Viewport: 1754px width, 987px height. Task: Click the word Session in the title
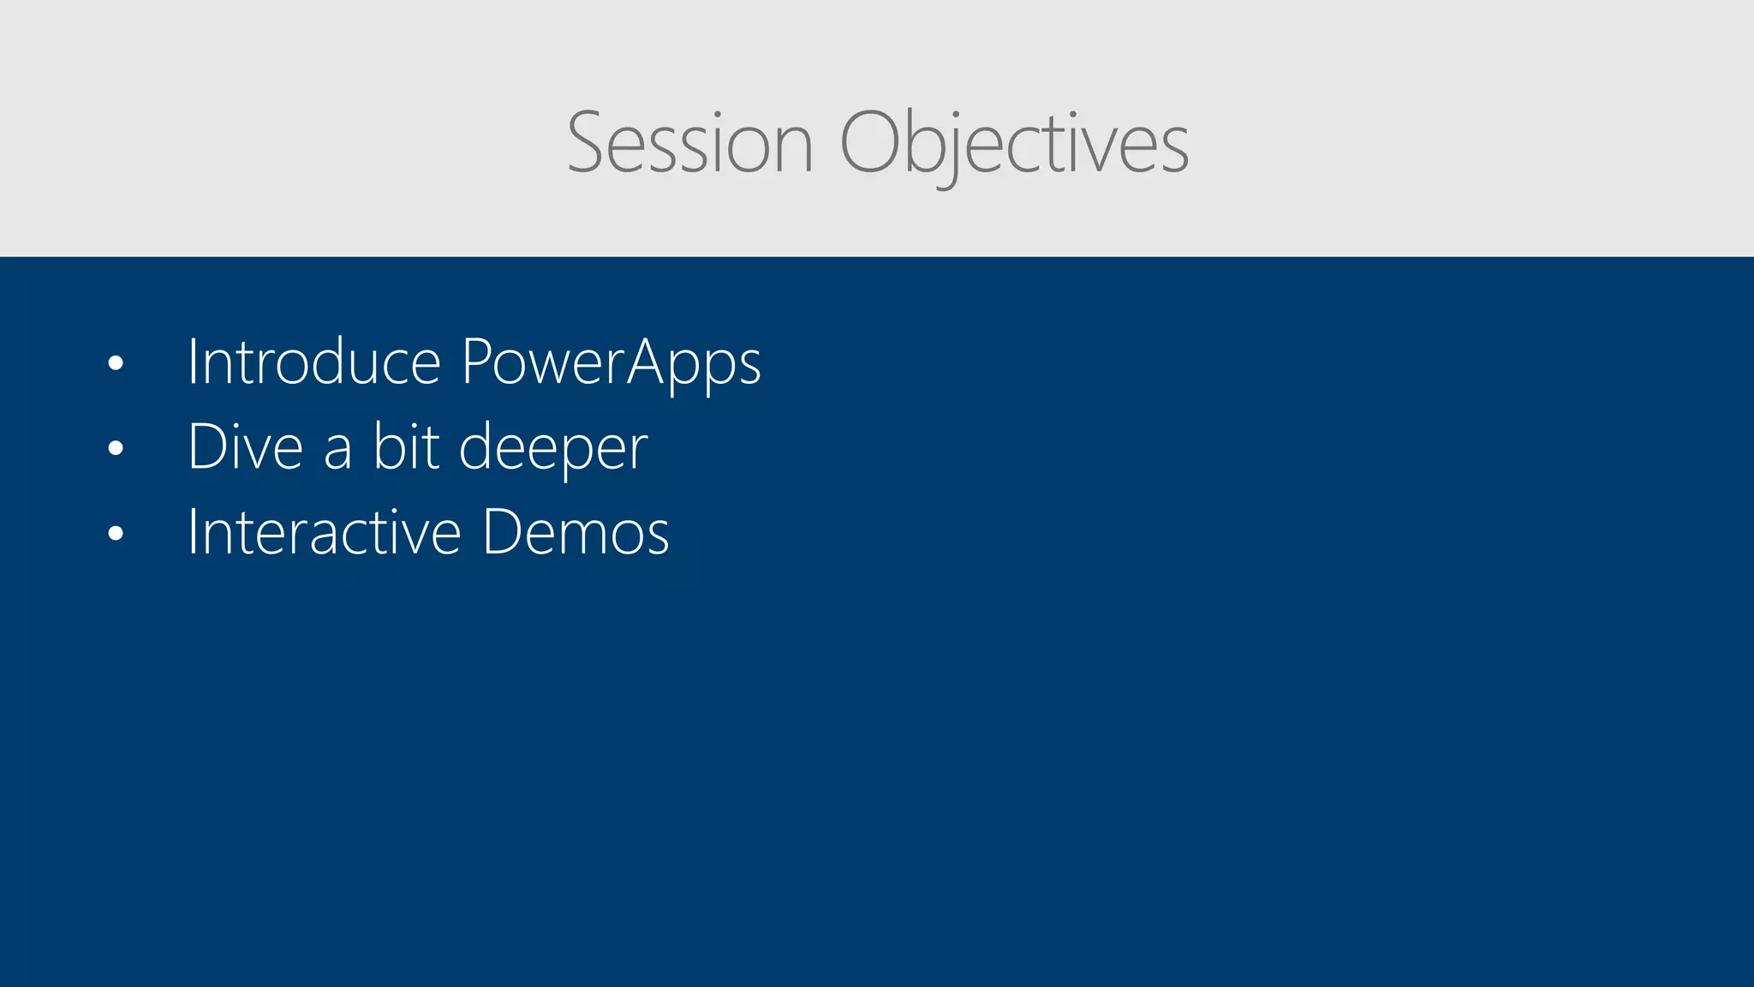tap(689, 143)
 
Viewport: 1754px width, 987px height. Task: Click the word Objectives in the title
tap(1014, 143)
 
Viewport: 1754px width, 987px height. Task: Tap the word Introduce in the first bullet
tap(313, 362)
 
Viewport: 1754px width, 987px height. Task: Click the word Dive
tap(245, 447)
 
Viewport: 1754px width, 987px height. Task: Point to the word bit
tap(406, 447)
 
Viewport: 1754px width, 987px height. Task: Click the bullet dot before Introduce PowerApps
tap(116, 363)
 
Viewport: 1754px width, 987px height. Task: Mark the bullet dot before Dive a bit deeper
tap(116, 448)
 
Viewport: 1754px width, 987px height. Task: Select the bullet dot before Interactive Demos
tap(116, 533)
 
